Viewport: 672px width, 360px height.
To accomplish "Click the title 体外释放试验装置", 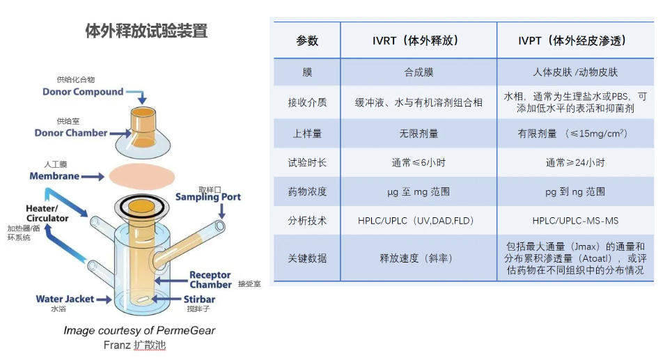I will tap(146, 31).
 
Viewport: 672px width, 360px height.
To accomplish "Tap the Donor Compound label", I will tap(83, 92).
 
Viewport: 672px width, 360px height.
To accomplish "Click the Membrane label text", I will tap(54, 176).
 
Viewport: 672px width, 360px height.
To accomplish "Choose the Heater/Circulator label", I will tap(47, 213).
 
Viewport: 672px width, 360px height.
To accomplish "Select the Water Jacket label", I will tap(65, 299).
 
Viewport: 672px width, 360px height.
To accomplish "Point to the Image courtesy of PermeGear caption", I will tap(139, 331).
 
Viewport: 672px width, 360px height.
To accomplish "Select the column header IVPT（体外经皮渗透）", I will tap(575, 41).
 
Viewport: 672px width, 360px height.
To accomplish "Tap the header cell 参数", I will tap(307, 41).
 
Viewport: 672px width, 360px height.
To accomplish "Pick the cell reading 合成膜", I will tap(419, 72).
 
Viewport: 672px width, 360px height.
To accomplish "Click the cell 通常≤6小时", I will tap(419, 162).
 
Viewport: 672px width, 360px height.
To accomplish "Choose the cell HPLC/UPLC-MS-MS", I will tap(575, 221).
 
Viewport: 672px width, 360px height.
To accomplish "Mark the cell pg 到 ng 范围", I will tap(575, 191).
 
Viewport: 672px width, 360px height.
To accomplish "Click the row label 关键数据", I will tap(307, 258).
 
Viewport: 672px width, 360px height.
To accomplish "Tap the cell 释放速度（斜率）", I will tap(419, 258).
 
